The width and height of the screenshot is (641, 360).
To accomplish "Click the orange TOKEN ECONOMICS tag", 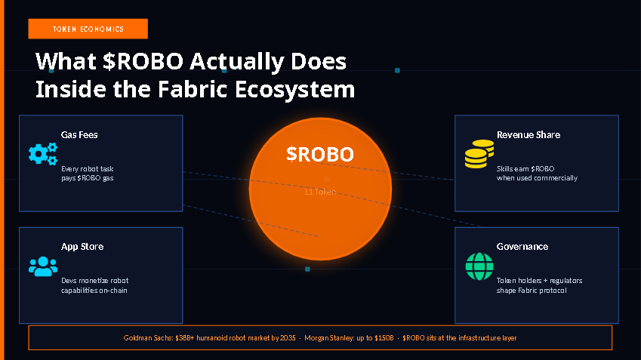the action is [x=88, y=29].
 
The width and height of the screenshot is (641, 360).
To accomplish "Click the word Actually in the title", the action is [x=237, y=62].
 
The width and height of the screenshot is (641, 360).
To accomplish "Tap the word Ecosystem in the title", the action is [x=294, y=90].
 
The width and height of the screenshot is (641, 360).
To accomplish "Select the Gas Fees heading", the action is [x=79, y=135].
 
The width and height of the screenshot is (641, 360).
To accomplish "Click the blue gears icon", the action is [x=43, y=154].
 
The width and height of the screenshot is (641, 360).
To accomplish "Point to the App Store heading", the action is [x=82, y=246].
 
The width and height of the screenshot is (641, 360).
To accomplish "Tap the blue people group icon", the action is [x=43, y=266].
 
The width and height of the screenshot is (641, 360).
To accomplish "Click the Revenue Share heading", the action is [x=529, y=135].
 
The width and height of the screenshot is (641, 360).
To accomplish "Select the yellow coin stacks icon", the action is [x=479, y=154].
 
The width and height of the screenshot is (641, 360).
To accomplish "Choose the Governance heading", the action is [x=522, y=246].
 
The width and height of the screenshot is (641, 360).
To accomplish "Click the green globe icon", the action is [x=479, y=266].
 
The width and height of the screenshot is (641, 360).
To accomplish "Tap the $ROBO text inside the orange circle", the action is [x=319, y=154].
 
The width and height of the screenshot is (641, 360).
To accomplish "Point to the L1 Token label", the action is [x=320, y=192].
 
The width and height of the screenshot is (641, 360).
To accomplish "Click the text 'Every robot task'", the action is [x=88, y=169].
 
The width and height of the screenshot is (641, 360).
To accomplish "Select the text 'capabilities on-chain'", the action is [x=94, y=291].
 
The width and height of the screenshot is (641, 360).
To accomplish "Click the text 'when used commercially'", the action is [x=537, y=178].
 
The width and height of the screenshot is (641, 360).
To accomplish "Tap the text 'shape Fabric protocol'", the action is [x=532, y=291].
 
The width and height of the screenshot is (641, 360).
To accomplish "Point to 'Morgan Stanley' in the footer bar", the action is [x=329, y=338].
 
